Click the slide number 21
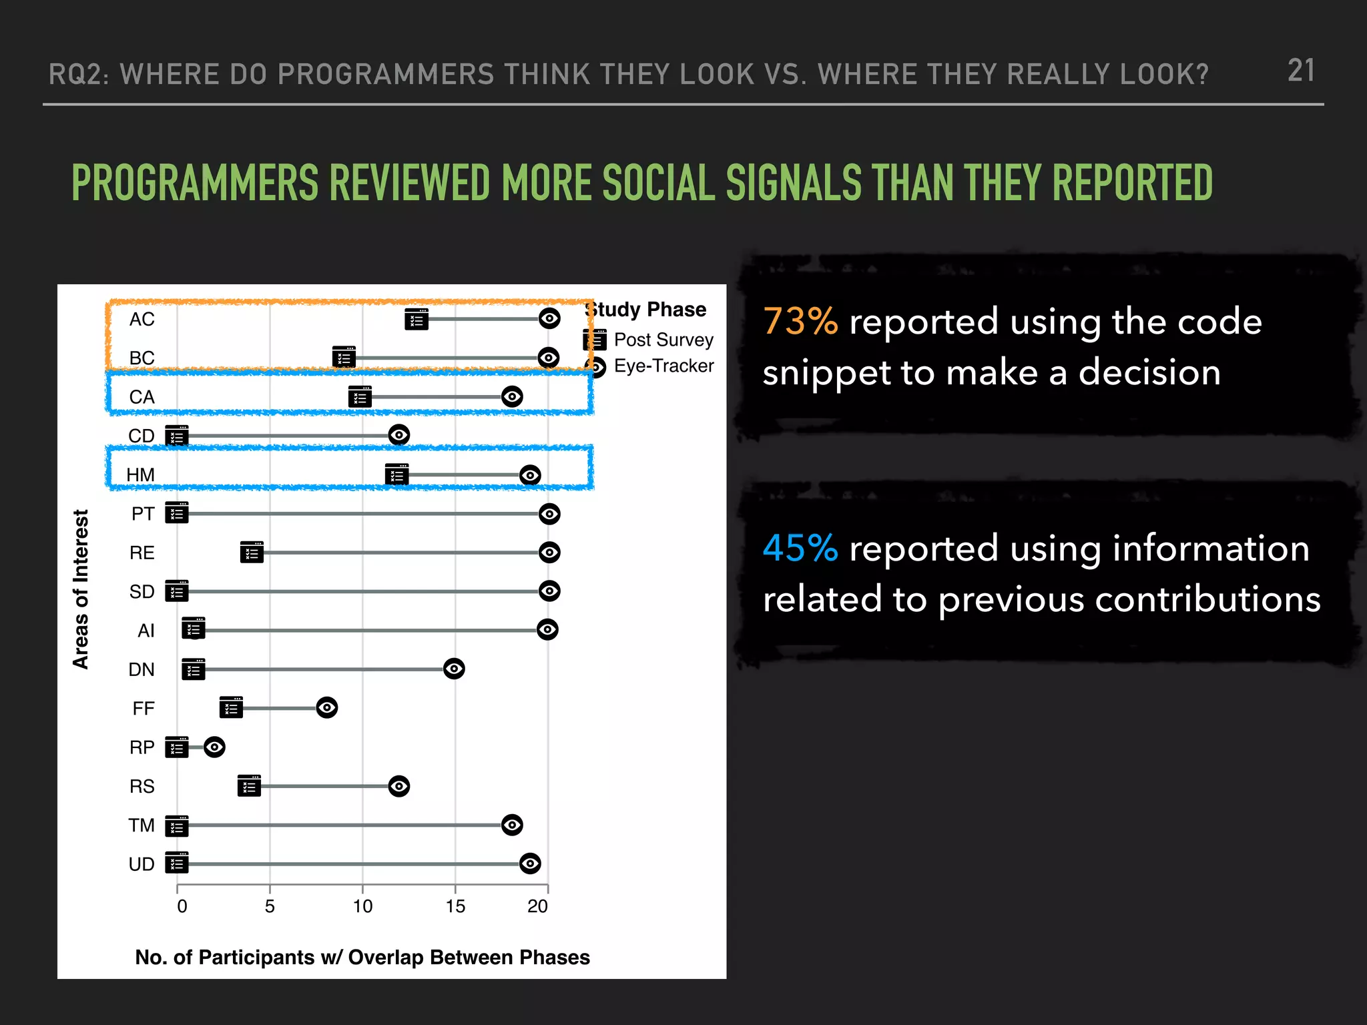[x=1301, y=71]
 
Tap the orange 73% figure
[x=800, y=322]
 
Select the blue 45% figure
[x=800, y=549]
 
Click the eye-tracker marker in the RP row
[x=214, y=747]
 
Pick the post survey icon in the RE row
[x=252, y=553]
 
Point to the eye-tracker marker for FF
[x=327, y=707]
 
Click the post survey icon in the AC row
[x=417, y=320]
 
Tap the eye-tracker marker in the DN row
[x=454, y=669]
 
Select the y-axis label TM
[x=142, y=825]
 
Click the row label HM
[x=140, y=474]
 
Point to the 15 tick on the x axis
[x=455, y=906]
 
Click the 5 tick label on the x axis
[x=270, y=906]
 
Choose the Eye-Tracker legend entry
[x=663, y=366]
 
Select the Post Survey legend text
[x=663, y=340]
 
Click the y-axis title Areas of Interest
[x=81, y=589]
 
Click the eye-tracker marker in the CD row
[x=399, y=435]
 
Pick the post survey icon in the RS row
[x=249, y=786]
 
